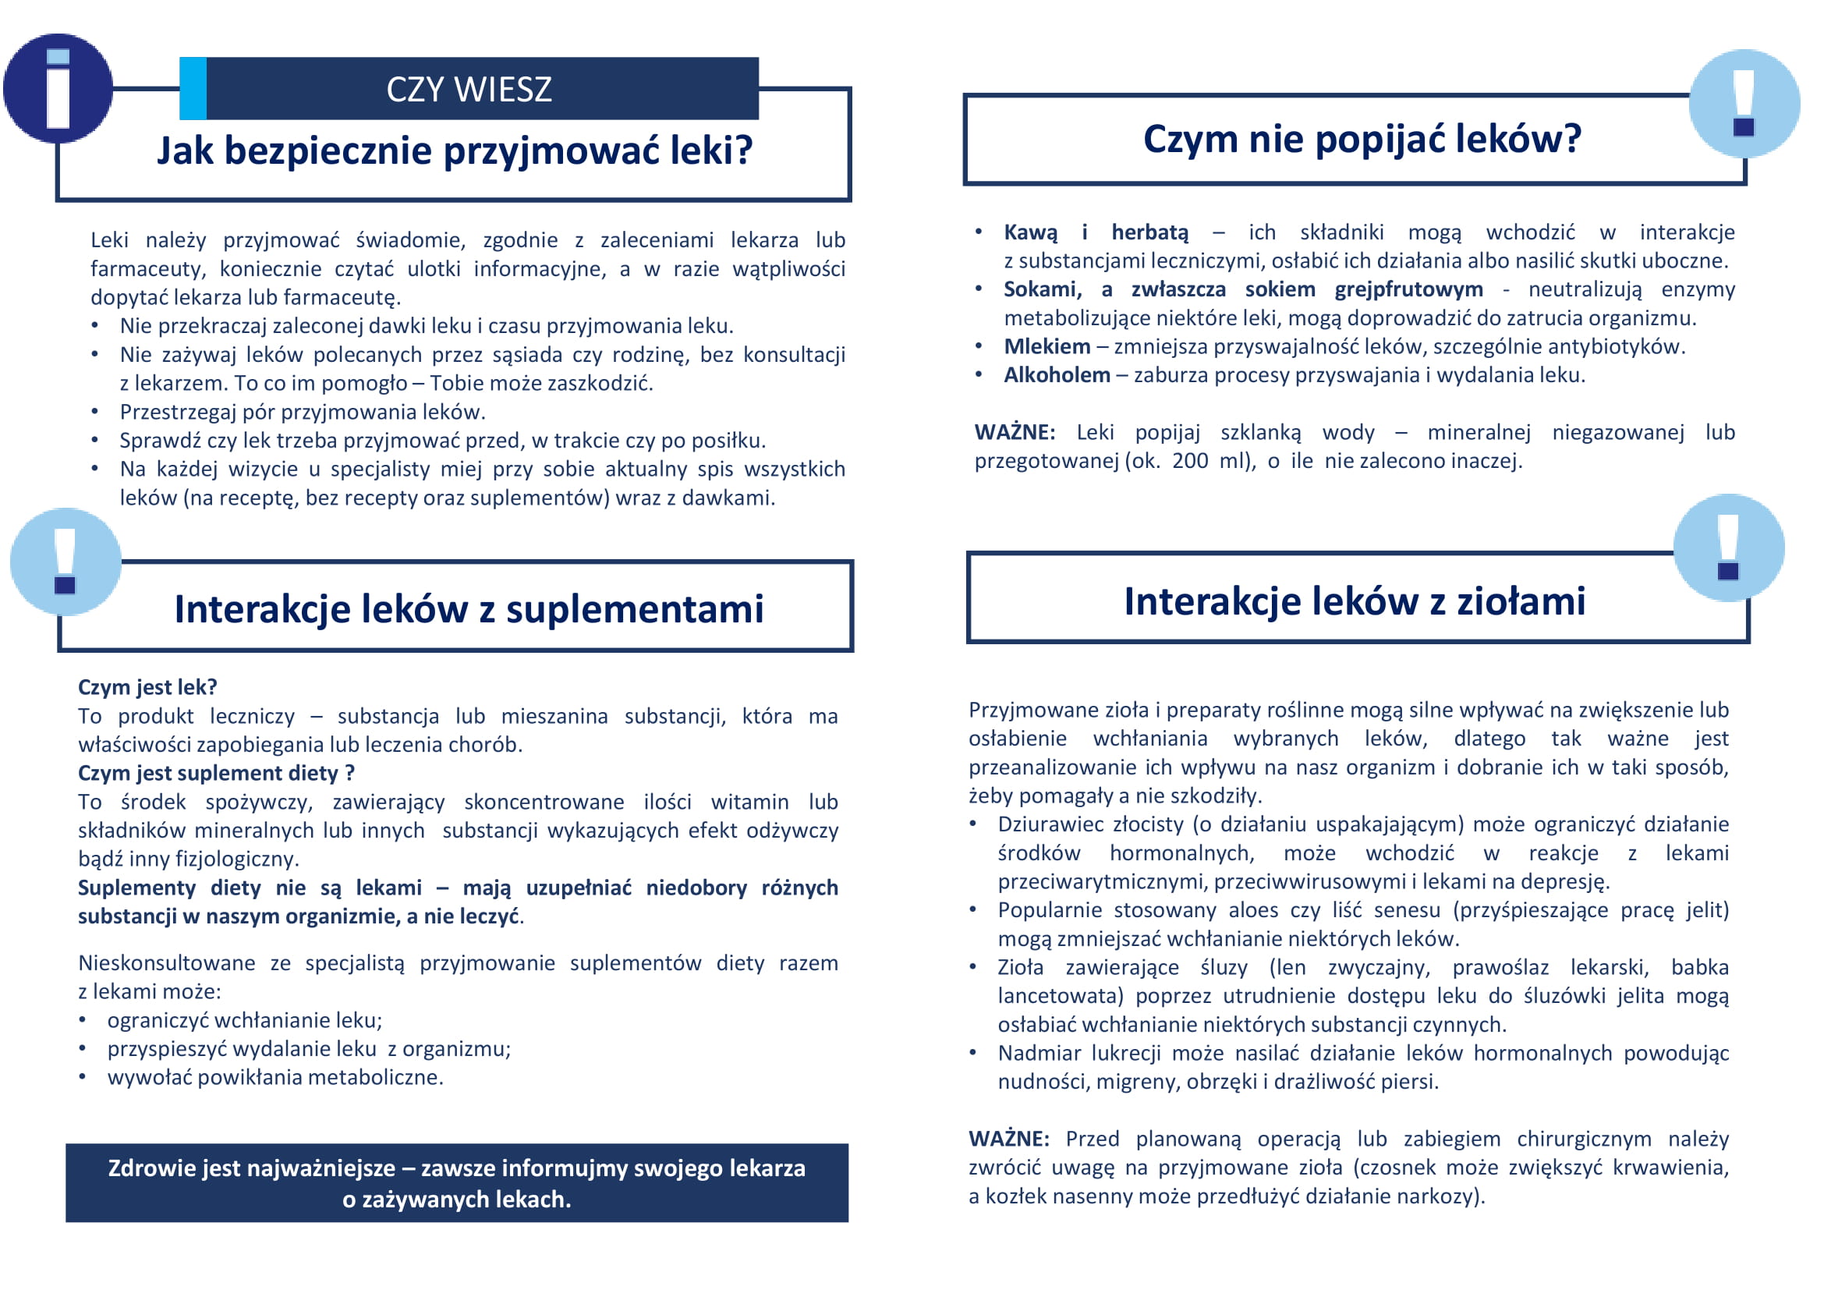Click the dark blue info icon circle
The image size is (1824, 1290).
click(57, 88)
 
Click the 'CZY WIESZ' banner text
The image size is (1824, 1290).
click(469, 89)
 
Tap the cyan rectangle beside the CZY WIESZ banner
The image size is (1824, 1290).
click(193, 88)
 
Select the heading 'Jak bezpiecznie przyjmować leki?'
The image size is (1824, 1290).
click(455, 151)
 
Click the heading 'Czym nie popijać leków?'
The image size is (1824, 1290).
click(1362, 139)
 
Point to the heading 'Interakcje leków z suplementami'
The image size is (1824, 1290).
click(469, 609)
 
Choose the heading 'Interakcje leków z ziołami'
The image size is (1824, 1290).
click(1354, 601)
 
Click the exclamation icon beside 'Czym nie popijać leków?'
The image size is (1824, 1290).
click(1743, 103)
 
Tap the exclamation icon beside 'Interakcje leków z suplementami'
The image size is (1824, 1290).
click(66, 562)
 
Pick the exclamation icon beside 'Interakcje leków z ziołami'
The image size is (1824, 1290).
click(1728, 548)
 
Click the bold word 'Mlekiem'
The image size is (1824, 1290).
click(1047, 347)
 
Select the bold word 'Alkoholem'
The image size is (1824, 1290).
click(1057, 376)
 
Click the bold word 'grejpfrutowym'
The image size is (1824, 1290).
click(1408, 289)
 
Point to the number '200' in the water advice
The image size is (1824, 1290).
click(1189, 462)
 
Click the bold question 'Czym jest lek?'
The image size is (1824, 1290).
click(147, 687)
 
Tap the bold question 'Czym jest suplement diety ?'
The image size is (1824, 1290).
click(216, 773)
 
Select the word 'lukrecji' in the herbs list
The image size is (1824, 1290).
click(1125, 1053)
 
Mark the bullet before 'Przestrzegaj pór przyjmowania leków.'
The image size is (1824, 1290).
click(94, 413)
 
